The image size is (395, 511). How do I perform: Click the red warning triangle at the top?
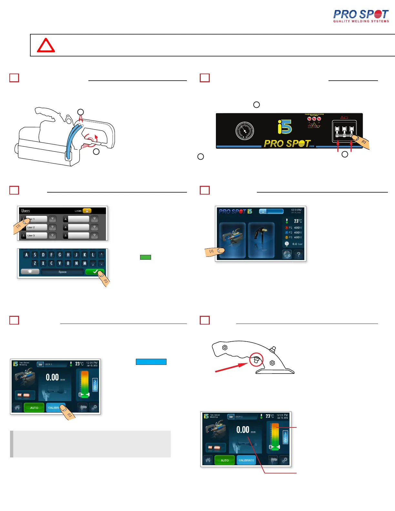(x=46, y=46)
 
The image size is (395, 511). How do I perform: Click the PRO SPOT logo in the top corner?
(x=361, y=16)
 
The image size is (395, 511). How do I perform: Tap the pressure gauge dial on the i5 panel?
(x=245, y=131)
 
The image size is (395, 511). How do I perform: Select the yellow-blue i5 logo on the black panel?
(x=285, y=127)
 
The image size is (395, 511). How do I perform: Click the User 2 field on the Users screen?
(x=37, y=227)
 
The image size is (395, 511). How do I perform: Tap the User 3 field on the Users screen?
(x=37, y=235)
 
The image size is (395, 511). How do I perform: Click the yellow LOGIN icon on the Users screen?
(x=87, y=211)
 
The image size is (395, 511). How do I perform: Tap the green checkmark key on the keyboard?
(x=95, y=272)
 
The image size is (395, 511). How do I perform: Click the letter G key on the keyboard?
(x=60, y=255)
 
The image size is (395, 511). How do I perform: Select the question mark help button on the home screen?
(x=299, y=255)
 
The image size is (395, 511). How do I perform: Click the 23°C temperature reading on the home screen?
(x=298, y=221)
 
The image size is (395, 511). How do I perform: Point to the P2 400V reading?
(x=295, y=232)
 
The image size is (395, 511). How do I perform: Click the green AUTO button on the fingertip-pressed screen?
(x=34, y=408)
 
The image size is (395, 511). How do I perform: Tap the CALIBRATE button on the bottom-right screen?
(x=246, y=460)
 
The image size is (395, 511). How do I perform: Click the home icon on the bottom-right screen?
(x=208, y=460)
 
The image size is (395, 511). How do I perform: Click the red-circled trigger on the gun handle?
(x=256, y=359)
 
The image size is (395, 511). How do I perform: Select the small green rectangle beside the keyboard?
(x=146, y=257)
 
